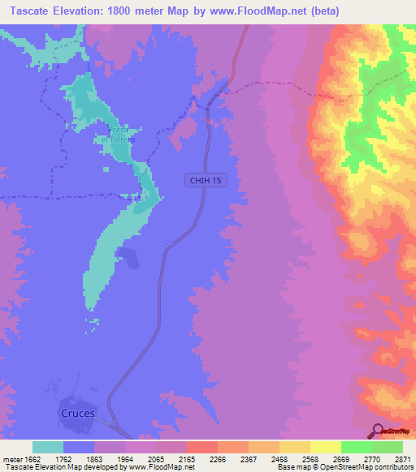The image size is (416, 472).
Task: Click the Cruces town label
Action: [78, 413]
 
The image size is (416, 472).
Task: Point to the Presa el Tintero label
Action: [117, 135]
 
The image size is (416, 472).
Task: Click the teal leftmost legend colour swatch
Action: [47, 447]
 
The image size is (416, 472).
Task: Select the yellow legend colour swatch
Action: [325, 447]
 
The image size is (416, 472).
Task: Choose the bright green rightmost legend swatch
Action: [387, 447]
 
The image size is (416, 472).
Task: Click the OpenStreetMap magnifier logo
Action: [377, 431]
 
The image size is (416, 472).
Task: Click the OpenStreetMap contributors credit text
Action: [373, 466]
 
